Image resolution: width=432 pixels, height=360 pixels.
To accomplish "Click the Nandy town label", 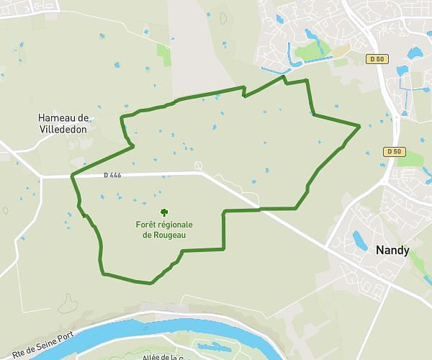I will (x=392, y=251).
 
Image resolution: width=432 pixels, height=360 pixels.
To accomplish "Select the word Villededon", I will (x=64, y=130).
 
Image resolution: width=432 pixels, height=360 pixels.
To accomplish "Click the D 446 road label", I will (x=112, y=174).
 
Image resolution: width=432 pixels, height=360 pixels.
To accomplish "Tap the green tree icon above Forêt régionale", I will (x=164, y=212).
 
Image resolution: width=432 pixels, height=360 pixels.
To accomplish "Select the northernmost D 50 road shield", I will (x=375, y=58).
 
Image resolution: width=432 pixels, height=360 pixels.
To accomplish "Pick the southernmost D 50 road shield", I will (x=393, y=151).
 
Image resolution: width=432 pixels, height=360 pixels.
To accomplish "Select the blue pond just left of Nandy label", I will (x=359, y=239).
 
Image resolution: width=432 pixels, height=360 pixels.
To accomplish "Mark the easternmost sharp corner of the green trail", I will (x=359, y=126).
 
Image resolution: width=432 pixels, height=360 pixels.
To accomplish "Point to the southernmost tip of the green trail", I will (x=150, y=283).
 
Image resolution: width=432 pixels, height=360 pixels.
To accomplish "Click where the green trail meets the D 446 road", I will (x=73, y=175).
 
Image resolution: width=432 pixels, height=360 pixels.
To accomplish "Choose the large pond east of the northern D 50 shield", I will (x=415, y=53).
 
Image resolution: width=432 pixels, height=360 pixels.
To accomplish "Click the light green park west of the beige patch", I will (x=310, y=53).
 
